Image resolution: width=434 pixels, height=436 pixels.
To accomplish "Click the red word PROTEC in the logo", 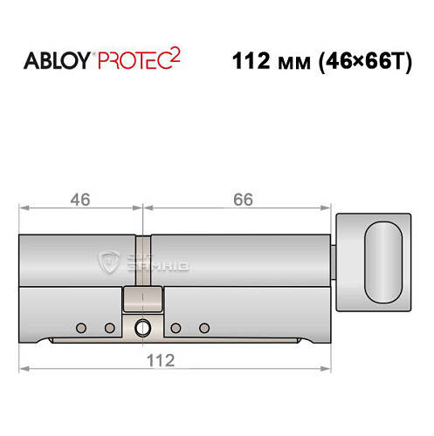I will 143,62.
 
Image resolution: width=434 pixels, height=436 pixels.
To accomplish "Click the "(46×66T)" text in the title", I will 366,62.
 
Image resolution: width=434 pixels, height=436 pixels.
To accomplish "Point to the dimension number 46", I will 80,200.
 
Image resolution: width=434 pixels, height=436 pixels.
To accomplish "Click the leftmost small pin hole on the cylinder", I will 81,328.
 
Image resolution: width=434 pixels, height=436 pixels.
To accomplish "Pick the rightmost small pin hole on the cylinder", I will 204,328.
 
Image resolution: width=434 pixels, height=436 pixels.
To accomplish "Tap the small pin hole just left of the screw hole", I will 110,328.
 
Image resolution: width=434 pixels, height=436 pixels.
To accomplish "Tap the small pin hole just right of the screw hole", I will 176,328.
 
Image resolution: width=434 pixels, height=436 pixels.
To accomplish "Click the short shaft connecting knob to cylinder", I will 336,257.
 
